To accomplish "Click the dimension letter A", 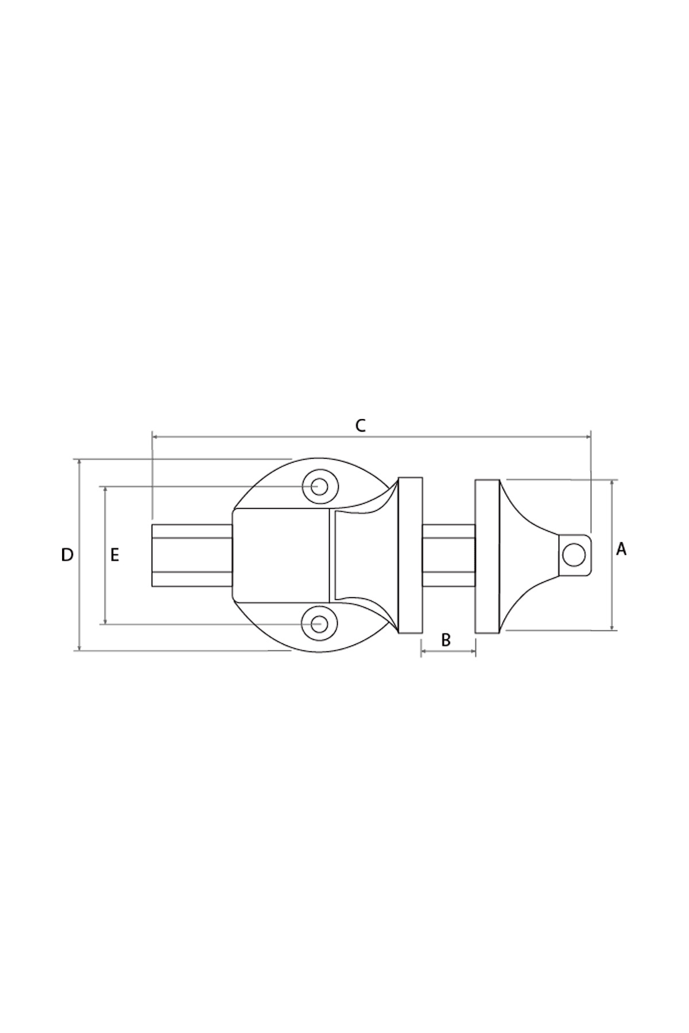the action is click(621, 549).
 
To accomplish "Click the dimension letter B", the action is click(446, 640).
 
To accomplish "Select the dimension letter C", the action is click(360, 426).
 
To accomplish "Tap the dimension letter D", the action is click(67, 555).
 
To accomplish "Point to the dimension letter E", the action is click(115, 555).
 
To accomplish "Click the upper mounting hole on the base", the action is click(319, 487).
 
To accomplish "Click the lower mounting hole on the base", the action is click(319, 623).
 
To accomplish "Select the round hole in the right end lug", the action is click(574, 555).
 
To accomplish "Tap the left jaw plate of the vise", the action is click(410, 555).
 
